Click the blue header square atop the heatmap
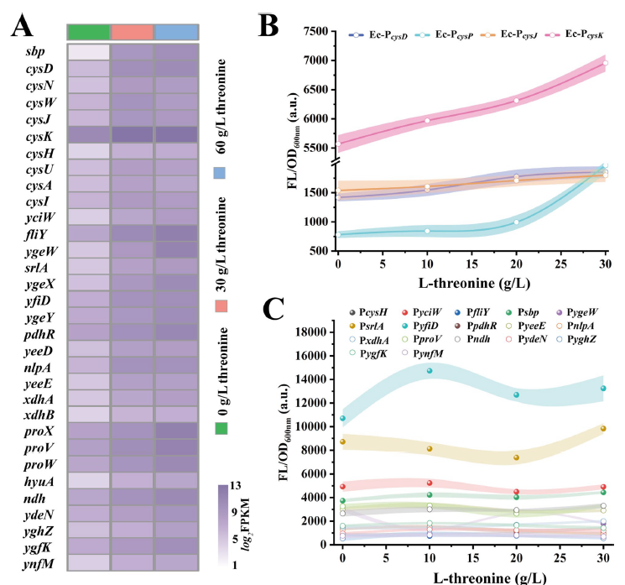point(175,32)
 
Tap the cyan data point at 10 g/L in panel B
point(427,231)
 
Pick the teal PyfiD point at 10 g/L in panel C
point(430,371)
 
